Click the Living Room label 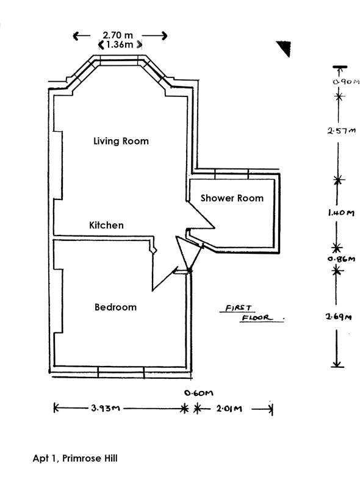[121, 141]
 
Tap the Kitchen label [106, 225]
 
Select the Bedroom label [115, 307]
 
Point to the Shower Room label [232, 198]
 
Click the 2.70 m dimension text [118, 35]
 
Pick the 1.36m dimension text [120, 45]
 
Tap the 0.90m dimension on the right [346, 82]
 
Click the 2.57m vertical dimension [341, 131]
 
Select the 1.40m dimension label [341, 213]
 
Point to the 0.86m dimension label [341, 259]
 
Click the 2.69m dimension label [339, 317]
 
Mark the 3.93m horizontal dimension [106, 408]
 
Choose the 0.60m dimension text [199, 393]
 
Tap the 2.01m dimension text [229, 408]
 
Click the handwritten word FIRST [238, 308]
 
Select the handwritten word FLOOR [257, 318]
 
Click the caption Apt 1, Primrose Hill [75, 458]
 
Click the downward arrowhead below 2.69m [337, 364]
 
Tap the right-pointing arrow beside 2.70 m [155, 36]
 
